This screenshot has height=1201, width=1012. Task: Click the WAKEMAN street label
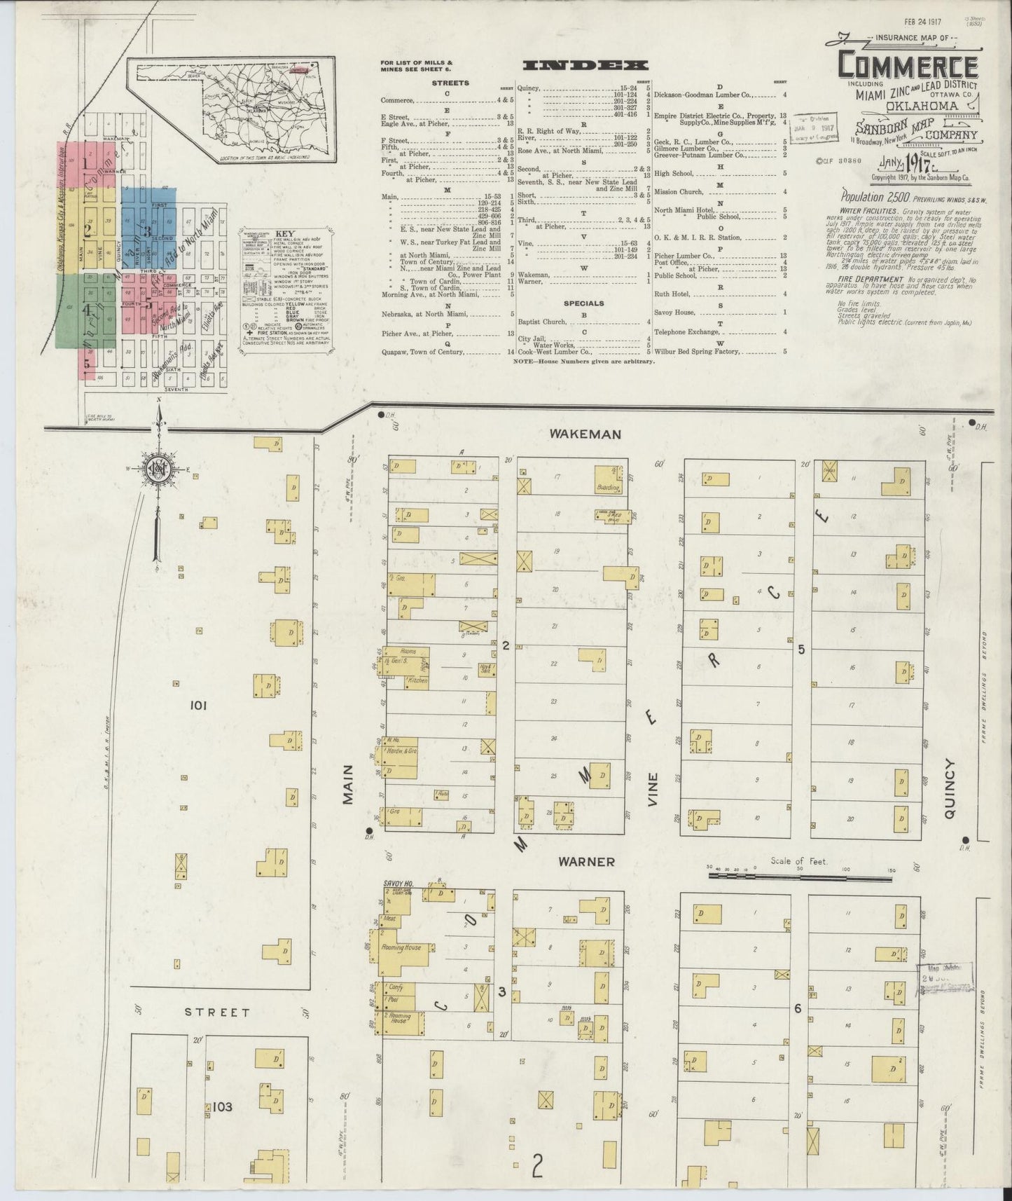coord(585,434)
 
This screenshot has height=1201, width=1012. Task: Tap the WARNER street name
coord(587,861)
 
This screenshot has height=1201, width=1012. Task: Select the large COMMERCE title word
coord(908,67)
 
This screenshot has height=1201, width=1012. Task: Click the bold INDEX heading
coord(585,65)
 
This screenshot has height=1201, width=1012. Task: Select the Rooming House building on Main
coord(401,947)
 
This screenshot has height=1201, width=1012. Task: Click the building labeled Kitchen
coord(413,680)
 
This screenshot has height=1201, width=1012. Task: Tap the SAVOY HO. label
coord(399,884)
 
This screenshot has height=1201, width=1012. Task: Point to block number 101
coord(197,706)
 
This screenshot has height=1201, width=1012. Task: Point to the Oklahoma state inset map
coord(231,109)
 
